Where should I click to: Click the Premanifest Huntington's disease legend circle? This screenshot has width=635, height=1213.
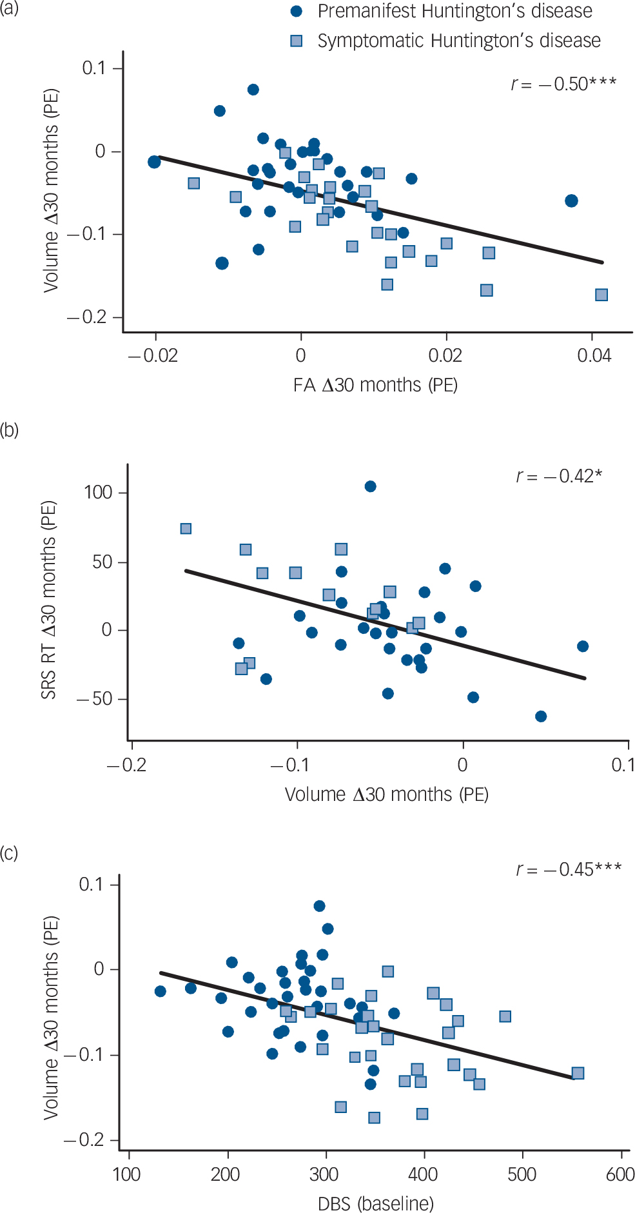pos(297,11)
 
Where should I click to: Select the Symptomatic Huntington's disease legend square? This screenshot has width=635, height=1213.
pos(297,41)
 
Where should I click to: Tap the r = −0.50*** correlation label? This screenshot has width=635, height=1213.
pos(563,84)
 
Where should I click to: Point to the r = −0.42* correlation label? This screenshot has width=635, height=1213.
pos(558,476)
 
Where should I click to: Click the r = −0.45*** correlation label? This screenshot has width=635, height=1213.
pos(568,869)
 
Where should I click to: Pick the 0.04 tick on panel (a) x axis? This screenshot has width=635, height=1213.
pos(594,355)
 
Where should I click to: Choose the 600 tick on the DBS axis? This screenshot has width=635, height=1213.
pos(620,1174)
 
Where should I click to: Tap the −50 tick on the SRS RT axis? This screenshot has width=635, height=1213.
pos(93,699)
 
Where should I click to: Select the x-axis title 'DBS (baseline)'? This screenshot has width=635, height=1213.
pos(376,1203)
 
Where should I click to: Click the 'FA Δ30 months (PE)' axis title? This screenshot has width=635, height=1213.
pos(375,385)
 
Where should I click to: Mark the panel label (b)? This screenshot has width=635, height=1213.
pos(9,429)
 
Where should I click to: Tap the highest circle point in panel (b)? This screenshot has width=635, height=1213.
pos(370,486)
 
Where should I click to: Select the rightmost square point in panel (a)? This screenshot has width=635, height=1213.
pos(601,295)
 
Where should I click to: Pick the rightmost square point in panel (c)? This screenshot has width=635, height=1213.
pos(578,1073)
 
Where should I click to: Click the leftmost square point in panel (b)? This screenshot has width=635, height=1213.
pos(186,529)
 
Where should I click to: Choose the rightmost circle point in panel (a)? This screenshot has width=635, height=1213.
pos(571,201)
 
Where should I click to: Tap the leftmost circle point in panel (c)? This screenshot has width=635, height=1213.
pos(161,991)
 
